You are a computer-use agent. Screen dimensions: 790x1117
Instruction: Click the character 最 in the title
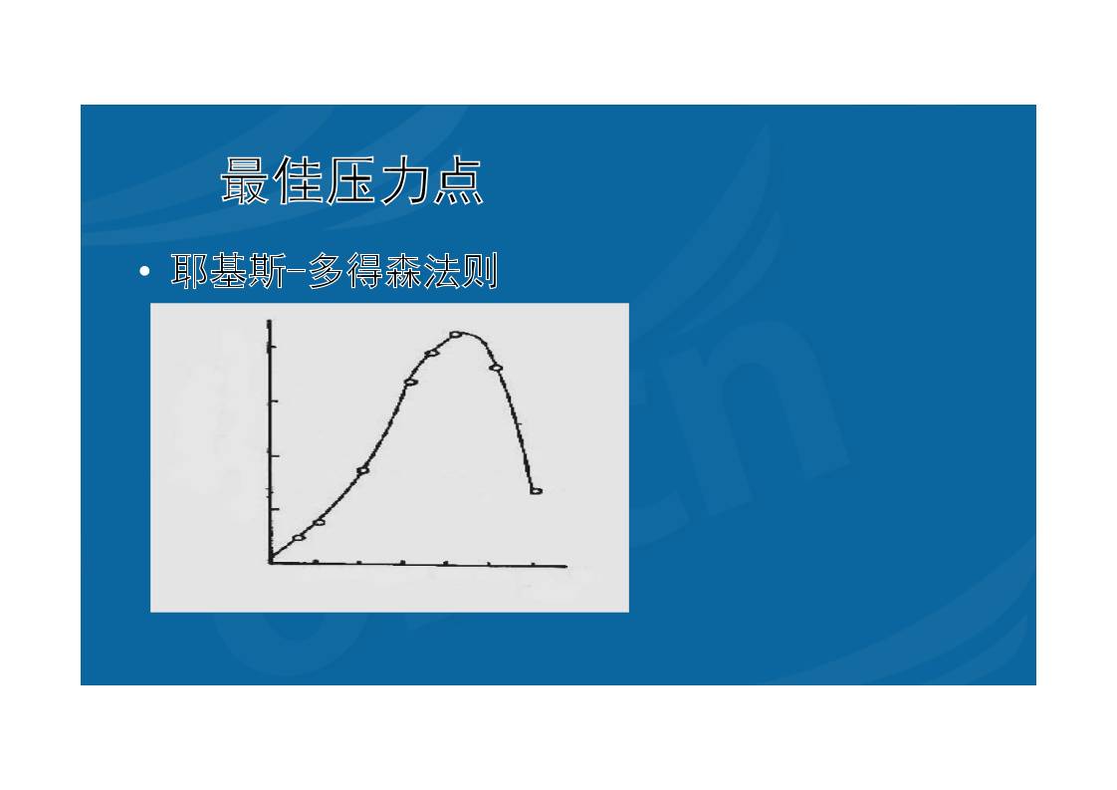246,182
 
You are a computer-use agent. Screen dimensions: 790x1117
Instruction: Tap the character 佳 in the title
300,182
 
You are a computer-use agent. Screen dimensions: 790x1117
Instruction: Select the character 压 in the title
352,182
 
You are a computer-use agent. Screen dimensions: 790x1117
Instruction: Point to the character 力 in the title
405,182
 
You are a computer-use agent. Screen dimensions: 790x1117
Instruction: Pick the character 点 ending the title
458,182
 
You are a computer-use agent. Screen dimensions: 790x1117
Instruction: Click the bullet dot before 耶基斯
145,271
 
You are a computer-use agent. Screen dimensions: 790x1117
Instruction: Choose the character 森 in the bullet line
403,271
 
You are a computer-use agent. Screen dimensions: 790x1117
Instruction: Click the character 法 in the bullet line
441,271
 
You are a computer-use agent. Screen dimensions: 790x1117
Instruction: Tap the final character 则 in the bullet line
479,271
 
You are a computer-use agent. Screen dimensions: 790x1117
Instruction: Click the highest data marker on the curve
456,335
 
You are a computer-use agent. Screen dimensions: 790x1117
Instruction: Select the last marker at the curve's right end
536,491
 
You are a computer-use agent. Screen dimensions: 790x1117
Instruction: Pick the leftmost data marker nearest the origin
298,538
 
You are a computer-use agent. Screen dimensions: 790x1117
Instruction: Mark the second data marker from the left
319,522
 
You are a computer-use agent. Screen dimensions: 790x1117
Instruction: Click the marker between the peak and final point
496,368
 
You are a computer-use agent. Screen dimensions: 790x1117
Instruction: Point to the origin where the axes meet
270,563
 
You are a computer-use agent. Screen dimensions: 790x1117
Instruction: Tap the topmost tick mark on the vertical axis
270,347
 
